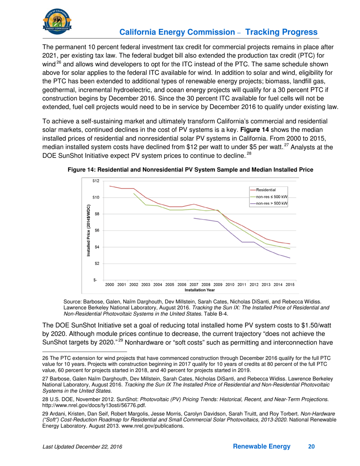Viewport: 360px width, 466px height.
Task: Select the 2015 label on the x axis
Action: [290, 284]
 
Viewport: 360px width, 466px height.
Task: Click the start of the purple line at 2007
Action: [194, 218]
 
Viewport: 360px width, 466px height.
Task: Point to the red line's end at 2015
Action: [290, 244]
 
